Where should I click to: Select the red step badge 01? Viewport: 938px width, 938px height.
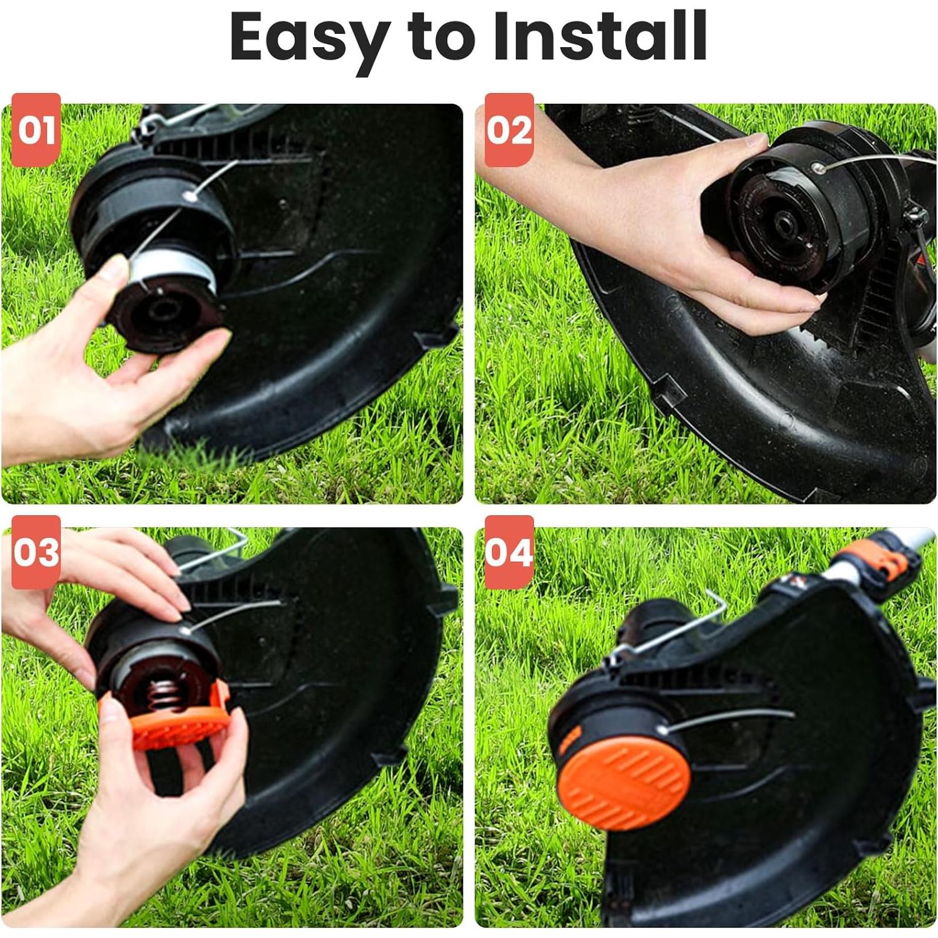36,130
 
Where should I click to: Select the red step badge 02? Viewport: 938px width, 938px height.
510,130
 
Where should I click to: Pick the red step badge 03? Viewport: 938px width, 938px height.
36,552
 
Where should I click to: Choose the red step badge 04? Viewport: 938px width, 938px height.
510,552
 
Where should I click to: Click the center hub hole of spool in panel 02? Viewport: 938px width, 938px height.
785,223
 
